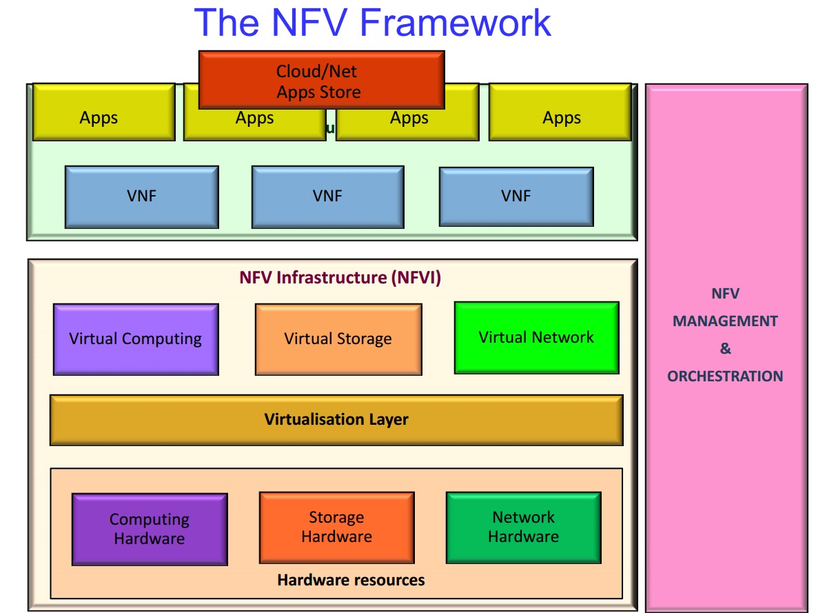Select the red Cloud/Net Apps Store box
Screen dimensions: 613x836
321,80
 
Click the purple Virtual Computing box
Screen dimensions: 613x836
136,339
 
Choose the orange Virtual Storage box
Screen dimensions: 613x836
338,339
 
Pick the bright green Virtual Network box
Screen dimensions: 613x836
536,337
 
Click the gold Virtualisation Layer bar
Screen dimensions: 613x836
336,419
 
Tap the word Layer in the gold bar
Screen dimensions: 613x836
388,419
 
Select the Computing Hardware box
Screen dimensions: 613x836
150,529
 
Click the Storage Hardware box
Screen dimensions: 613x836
336,527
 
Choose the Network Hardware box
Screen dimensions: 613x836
523,527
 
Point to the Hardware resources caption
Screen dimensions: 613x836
351,580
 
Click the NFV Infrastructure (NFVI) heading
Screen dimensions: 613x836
340,278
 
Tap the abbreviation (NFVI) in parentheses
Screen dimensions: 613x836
416,278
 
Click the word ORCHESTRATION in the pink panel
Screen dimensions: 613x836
725,376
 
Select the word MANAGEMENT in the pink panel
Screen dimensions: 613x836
725,321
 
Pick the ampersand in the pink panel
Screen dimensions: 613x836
725,349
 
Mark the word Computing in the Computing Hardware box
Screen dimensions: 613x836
150,519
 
